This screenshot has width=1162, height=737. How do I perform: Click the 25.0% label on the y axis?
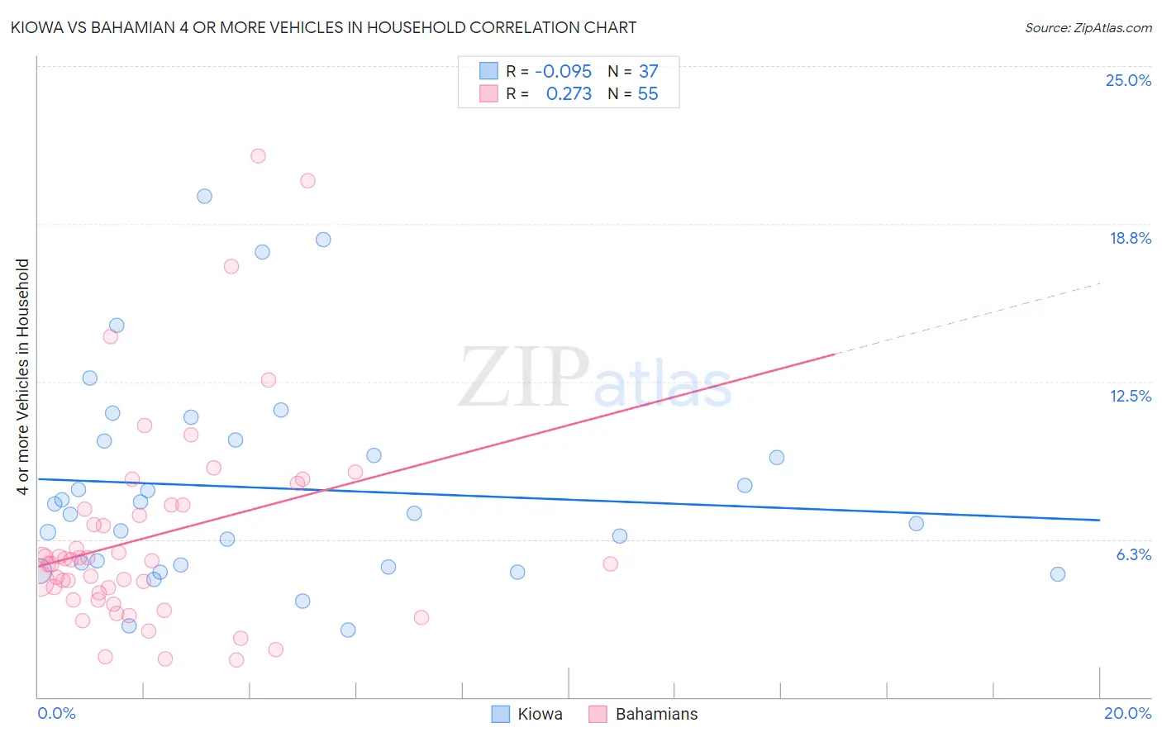pyautogui.click(x=1128, y=80)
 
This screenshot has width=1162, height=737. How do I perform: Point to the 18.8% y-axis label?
pyautogui.click(x=1130, y=238)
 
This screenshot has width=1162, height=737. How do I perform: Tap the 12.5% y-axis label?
pyautogui.click(x=1130, y=396)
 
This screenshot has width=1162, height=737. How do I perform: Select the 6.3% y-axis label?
pyautogui.click(x=1133, y=554)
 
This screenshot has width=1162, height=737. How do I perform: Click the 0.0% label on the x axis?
pyautogui.click(x=56, y=713)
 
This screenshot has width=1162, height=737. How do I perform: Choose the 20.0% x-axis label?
pyautogui.click(x=1127, y=713)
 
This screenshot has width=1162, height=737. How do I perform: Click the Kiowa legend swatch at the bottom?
pyautogui.click(x=501, y=714)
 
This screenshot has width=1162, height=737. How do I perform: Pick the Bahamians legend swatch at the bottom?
pyautogui.click(x=598, y=714)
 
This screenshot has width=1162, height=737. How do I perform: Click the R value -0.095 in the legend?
pyautogui.click(x=563, y=72)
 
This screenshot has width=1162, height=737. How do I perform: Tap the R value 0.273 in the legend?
pyautogui.click(x=569, y=94)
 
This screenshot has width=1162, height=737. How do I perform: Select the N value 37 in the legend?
pyautogui.click(x=648, y=72)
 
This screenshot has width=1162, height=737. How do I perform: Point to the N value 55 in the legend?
pyautogui.click(x=648, y=94)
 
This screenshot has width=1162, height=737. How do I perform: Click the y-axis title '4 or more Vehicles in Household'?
pyautogui.click(x=23, y=377)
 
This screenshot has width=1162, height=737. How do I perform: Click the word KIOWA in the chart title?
pyautogui.click(x=36, y=27)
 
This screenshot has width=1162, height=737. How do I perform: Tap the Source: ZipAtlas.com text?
pyautogui.click(x=1088, y=28)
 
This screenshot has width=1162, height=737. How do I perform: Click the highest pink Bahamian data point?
pyautogui.click(x=258, y=155)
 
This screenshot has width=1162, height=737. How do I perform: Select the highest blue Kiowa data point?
pyautogui.click(x=204, y=196)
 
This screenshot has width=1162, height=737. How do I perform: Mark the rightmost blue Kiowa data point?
pyautogui.click(x=1057, y=574)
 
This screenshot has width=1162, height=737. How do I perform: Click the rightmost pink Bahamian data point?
pyautogui.click(x=610, y=563)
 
